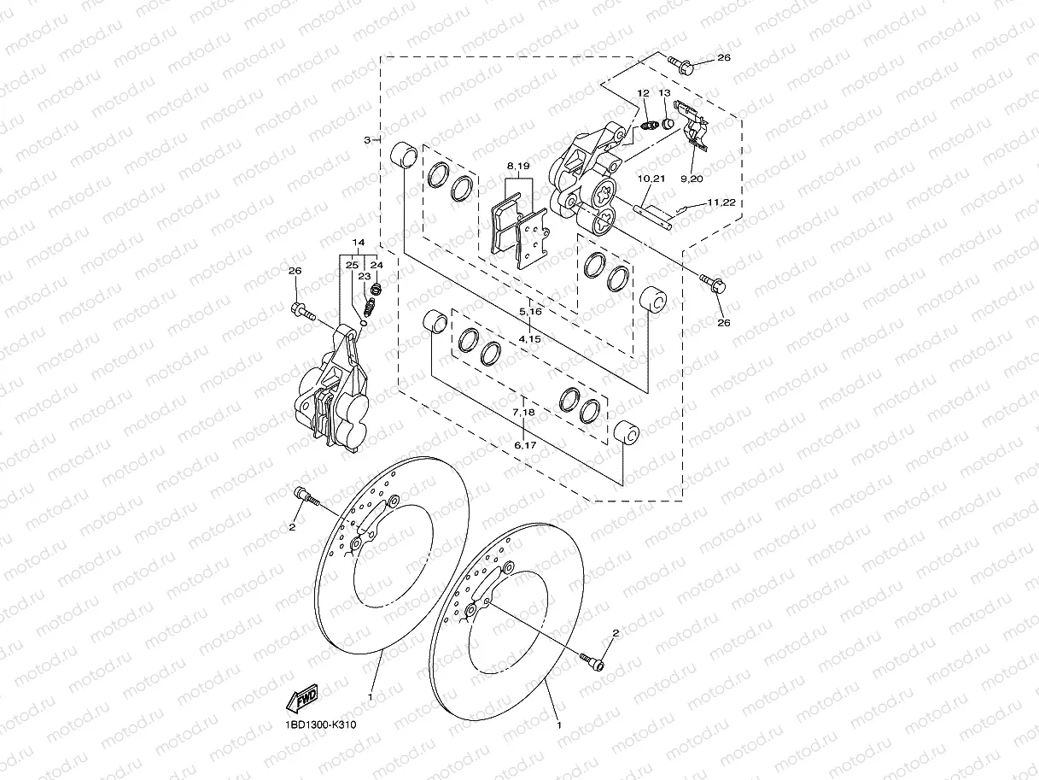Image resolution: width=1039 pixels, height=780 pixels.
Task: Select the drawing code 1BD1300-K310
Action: (x=320, y=725)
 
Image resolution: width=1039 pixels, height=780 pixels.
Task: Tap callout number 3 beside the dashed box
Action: (x=367, y=139)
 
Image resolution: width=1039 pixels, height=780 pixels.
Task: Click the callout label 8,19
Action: (x=518, y=165)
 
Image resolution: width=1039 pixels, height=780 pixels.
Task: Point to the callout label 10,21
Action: (x=651, y=179)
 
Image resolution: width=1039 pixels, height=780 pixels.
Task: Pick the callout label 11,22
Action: (x=721, y=202)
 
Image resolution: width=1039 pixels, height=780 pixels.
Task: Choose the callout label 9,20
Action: (x=691, y=179)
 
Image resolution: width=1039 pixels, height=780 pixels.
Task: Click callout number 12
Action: (x=643, y=92)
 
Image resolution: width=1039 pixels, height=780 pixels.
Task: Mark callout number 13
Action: (x=665, y=92)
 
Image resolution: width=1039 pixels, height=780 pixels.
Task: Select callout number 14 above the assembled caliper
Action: (x=359, y=243)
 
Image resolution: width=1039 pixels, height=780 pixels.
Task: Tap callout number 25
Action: (x=352, y=265)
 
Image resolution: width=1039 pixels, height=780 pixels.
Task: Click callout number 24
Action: (x=377, y=265)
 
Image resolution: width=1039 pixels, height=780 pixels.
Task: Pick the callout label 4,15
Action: (x=530, y=338)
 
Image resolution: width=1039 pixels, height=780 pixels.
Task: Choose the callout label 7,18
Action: (x=523, y=413)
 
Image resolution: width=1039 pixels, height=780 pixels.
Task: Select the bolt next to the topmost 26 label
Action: (x=680, y=62)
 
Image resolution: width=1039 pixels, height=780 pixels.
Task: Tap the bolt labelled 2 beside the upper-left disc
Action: (x=305, y=496)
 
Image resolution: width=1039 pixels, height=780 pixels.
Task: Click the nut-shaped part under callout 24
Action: (x=376, y=290)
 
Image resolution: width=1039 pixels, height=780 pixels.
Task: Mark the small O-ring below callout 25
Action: (x=363, y=323)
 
